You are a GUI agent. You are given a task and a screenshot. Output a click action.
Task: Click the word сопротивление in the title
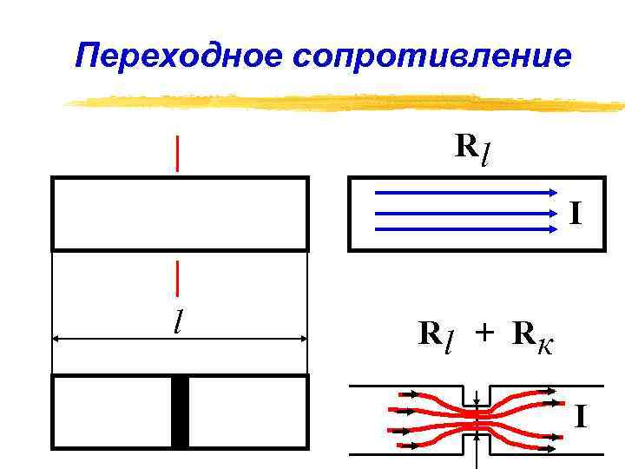click(x=432, y=56)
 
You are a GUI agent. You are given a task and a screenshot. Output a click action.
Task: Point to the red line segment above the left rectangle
click(x=178, y=154)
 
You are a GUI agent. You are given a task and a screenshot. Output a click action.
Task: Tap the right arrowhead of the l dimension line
click(x=303, y=340)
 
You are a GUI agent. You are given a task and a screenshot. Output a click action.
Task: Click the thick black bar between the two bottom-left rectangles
click(x=180, y=412)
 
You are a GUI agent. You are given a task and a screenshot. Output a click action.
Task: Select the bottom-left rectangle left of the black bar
click(x=112, y=412)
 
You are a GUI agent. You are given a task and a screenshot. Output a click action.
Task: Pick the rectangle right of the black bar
click(x=248, y=412)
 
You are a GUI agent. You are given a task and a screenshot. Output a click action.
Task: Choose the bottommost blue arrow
click(x=465, y=229)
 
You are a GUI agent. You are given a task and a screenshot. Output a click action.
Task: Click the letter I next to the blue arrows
click(x=576, y=211)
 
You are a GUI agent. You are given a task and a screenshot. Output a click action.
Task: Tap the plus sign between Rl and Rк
click(x=484, y=334)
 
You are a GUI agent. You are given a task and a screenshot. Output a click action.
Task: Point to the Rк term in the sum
click(x=532, y=335)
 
